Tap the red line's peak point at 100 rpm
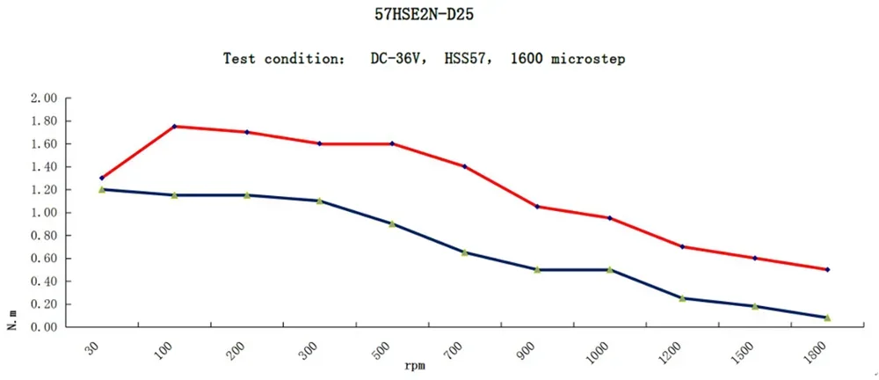[174, 127]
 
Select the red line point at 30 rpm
[102, 178]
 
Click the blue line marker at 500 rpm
[392, 224]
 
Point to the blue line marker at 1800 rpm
[827, 318]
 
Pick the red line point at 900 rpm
[537, 207]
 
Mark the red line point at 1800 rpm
[827, 269]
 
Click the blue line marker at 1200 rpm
[682, 298]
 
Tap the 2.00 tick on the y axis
[43, 98]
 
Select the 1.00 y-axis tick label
[43, 212]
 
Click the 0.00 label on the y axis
[43, 327]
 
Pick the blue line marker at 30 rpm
[102, 189]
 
